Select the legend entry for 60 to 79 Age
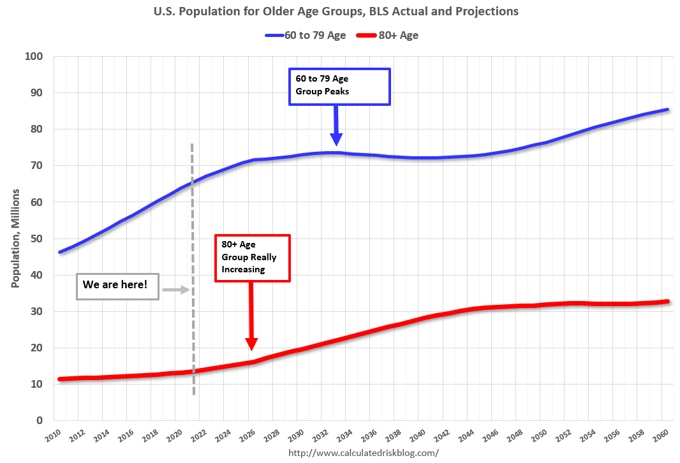306,35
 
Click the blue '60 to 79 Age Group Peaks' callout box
339,86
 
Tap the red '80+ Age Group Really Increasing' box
253,258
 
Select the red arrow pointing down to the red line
251,319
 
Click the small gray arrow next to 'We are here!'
176,290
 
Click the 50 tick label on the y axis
36,239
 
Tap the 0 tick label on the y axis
39,421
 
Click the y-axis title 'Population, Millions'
15,238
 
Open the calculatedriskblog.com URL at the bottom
364,453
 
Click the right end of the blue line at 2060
667,110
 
